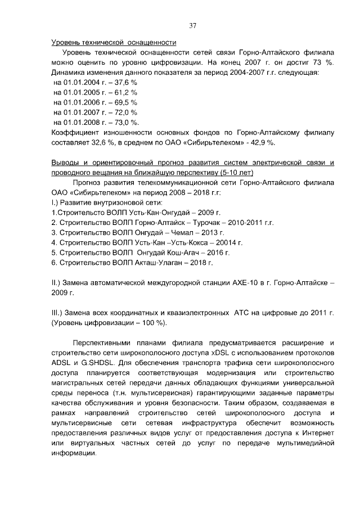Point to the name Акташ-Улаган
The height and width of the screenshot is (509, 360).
click(x=163, y=263)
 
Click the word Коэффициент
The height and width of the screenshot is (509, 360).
click(x=73, y=133)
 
